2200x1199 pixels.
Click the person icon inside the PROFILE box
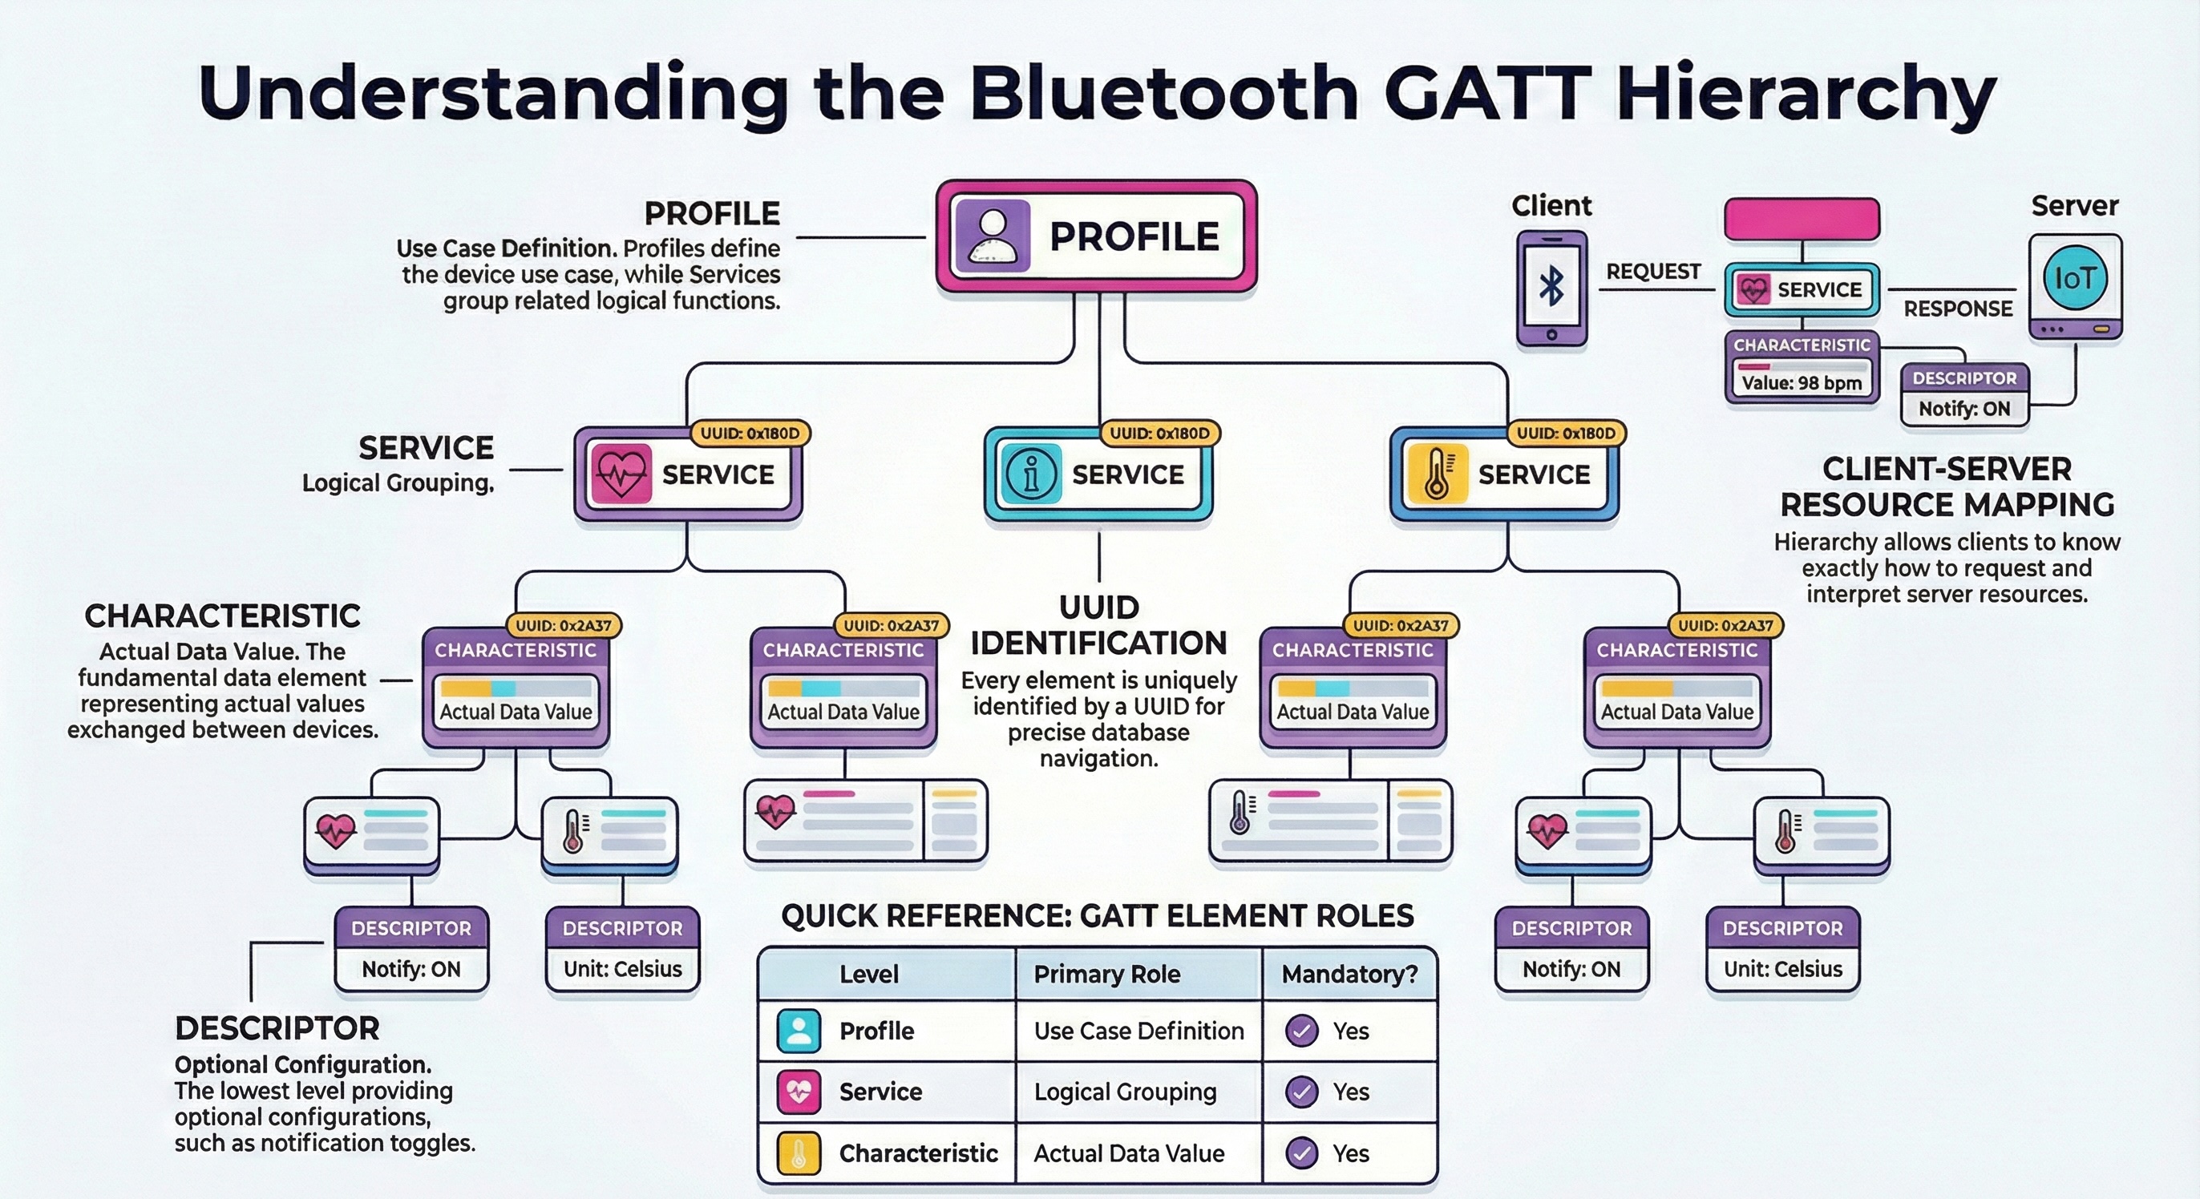pos(991,236)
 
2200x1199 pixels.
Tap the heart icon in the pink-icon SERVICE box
pos(621,473)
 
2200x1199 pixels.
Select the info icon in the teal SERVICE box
pos(1031,473)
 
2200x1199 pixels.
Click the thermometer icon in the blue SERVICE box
pos(1437,473)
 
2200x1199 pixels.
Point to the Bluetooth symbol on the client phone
pos(1551,285)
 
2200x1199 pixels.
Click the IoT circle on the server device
pos(2074,278)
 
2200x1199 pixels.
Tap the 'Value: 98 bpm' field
pos(1802,382)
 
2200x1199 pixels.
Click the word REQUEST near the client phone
pos(1652,272)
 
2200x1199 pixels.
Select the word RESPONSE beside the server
pos(1957,309)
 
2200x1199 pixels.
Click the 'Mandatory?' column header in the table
pos(1349,974)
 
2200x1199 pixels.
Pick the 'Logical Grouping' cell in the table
pos(1125,1092)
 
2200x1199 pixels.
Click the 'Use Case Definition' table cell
pos(1138,1031)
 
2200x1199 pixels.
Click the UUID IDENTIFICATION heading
pos(1098,625)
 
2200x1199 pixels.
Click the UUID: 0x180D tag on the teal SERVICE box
pos(1159,434)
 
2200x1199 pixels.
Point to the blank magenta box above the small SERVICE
pos(1802,220)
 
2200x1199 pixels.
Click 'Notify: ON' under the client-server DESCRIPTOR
pos(1963,408)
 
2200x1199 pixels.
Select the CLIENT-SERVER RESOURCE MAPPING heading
pos(1947,486)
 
